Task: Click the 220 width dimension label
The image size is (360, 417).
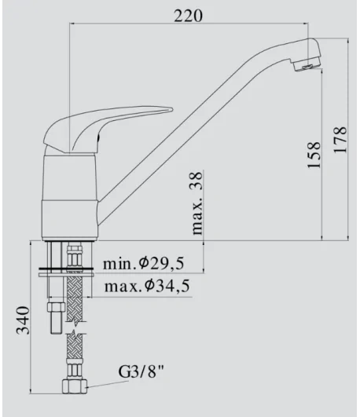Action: click(188, 16)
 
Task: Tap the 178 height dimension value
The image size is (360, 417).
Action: click(340, 139)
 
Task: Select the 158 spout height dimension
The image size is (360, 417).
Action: click(314, 155)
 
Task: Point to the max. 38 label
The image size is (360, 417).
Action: click(197, 203)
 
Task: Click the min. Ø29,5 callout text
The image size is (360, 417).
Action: click(143, 263)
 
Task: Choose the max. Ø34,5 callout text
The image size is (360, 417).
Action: click(147, 286)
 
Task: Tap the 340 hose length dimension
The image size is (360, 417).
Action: click(23, 320)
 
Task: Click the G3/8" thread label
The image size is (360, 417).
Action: click(141, 371)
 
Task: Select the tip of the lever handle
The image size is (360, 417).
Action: click(172, 109)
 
